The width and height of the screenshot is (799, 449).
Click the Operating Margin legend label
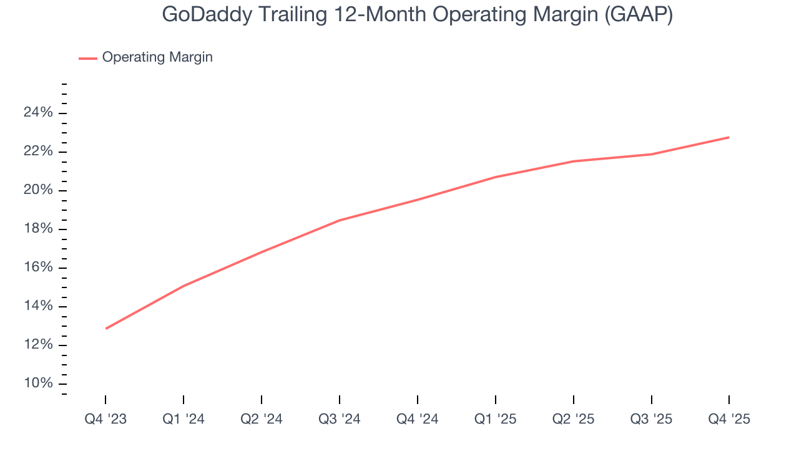click(157, 57)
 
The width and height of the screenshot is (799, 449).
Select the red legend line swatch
click(88, 58)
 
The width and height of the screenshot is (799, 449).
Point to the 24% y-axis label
click(38, 113)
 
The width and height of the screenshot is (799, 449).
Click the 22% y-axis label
click(38, 152)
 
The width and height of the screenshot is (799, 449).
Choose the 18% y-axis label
click(38, 229)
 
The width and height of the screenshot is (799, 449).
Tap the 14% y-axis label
click(38, 306)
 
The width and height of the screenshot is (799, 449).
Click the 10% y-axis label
click(38, 383)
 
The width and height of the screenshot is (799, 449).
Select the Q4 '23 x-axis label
click(105, 419)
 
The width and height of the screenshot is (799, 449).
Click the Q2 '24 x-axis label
click(262, 419)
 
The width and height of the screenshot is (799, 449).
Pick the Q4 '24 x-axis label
click(418, 419)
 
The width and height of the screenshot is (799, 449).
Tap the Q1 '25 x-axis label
click(496, 419)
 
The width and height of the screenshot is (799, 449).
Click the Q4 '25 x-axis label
click(729, 419)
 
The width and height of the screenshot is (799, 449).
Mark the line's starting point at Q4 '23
click(106, 329)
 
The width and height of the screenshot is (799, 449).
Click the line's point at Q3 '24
click(340, 220)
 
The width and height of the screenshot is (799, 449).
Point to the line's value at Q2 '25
click(574, 162)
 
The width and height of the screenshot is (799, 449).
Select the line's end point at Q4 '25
click(729, 137)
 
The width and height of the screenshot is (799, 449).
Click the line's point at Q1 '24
click(184, 286)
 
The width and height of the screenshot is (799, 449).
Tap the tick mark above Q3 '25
click(652, 400)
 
